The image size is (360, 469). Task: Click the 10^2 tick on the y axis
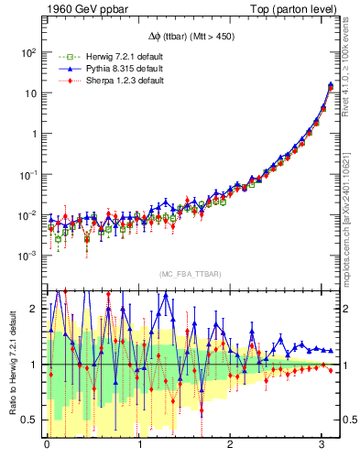click(27, 52)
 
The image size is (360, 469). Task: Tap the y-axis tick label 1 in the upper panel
click(34, 134)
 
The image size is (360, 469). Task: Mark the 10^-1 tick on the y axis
click(27, 174)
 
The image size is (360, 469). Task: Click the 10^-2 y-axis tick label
click(27, 214)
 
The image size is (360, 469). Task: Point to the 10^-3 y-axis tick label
click(27, 256)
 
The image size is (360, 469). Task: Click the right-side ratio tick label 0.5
click(348, 420)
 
